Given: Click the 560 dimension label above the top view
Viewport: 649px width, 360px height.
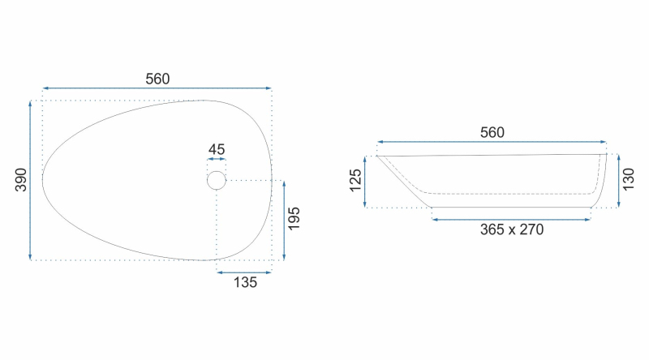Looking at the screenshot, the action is (157, 79).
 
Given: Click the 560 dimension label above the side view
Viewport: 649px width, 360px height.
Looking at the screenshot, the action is (492, 132).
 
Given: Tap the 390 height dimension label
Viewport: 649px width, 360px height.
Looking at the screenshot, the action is (21, 180).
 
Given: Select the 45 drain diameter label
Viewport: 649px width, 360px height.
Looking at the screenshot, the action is (217, 149).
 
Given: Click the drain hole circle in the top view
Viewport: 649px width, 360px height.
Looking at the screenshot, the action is (217, 171).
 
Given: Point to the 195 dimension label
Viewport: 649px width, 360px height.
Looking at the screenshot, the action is (294, 219).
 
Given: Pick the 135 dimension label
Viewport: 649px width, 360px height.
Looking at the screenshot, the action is (245, 282).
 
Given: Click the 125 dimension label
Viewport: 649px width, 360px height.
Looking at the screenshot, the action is (355, 181).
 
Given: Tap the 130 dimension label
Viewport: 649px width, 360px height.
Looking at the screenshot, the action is (628, 179).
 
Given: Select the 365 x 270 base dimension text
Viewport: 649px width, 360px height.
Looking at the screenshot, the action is (512, 229).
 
